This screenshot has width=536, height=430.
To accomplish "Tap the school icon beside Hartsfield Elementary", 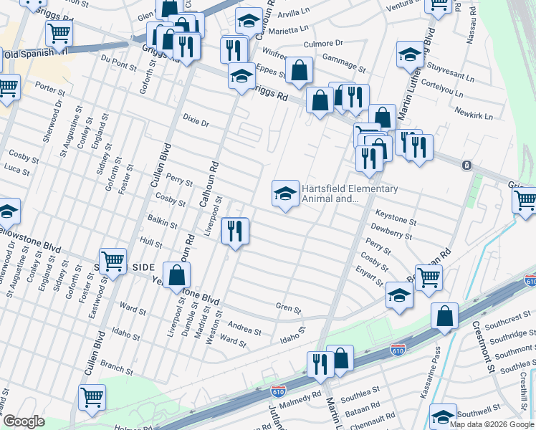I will pos(285,193).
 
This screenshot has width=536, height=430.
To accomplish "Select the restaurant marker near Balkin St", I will pos(234,231).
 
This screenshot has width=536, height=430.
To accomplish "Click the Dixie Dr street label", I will pos(195,123).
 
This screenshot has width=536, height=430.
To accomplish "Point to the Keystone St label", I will pos(396,221).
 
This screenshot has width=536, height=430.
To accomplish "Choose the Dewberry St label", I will pos(392,234).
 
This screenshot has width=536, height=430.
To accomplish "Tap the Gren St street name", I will pos(288,307).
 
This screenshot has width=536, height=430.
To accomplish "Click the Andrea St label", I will pos(244,329).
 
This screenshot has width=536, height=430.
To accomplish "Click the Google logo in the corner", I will pos(24,421).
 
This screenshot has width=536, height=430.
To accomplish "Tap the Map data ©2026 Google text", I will pos(492,424).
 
